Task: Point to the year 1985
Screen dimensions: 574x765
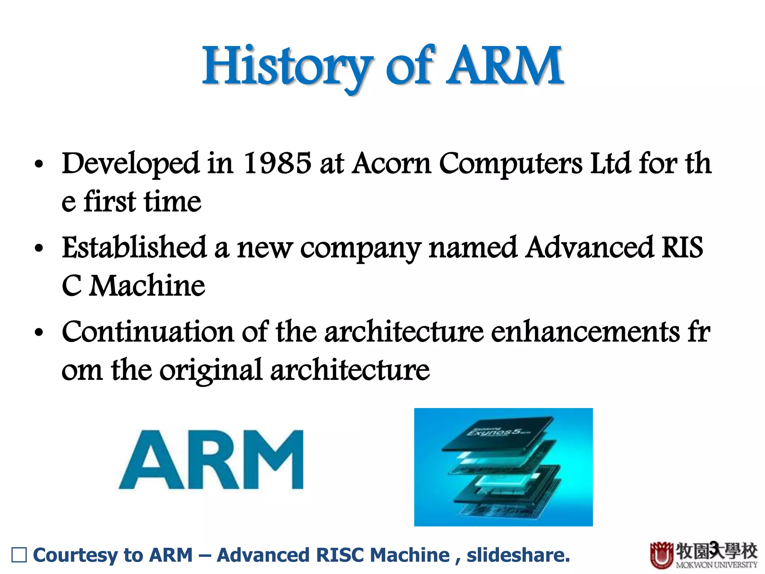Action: (x=277, y=163)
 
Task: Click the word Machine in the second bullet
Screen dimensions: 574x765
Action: (x=147, y=286)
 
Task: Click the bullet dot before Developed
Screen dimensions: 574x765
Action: (x=39, y=164)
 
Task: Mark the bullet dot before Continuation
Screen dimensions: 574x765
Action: (x=39, y=333)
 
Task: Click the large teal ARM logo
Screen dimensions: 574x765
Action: (x=211, y=460)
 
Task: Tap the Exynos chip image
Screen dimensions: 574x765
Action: (x=503, y=467)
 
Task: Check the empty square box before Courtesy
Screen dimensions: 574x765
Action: (x=19, y=555)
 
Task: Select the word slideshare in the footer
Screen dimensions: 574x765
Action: (x=518, y=555)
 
